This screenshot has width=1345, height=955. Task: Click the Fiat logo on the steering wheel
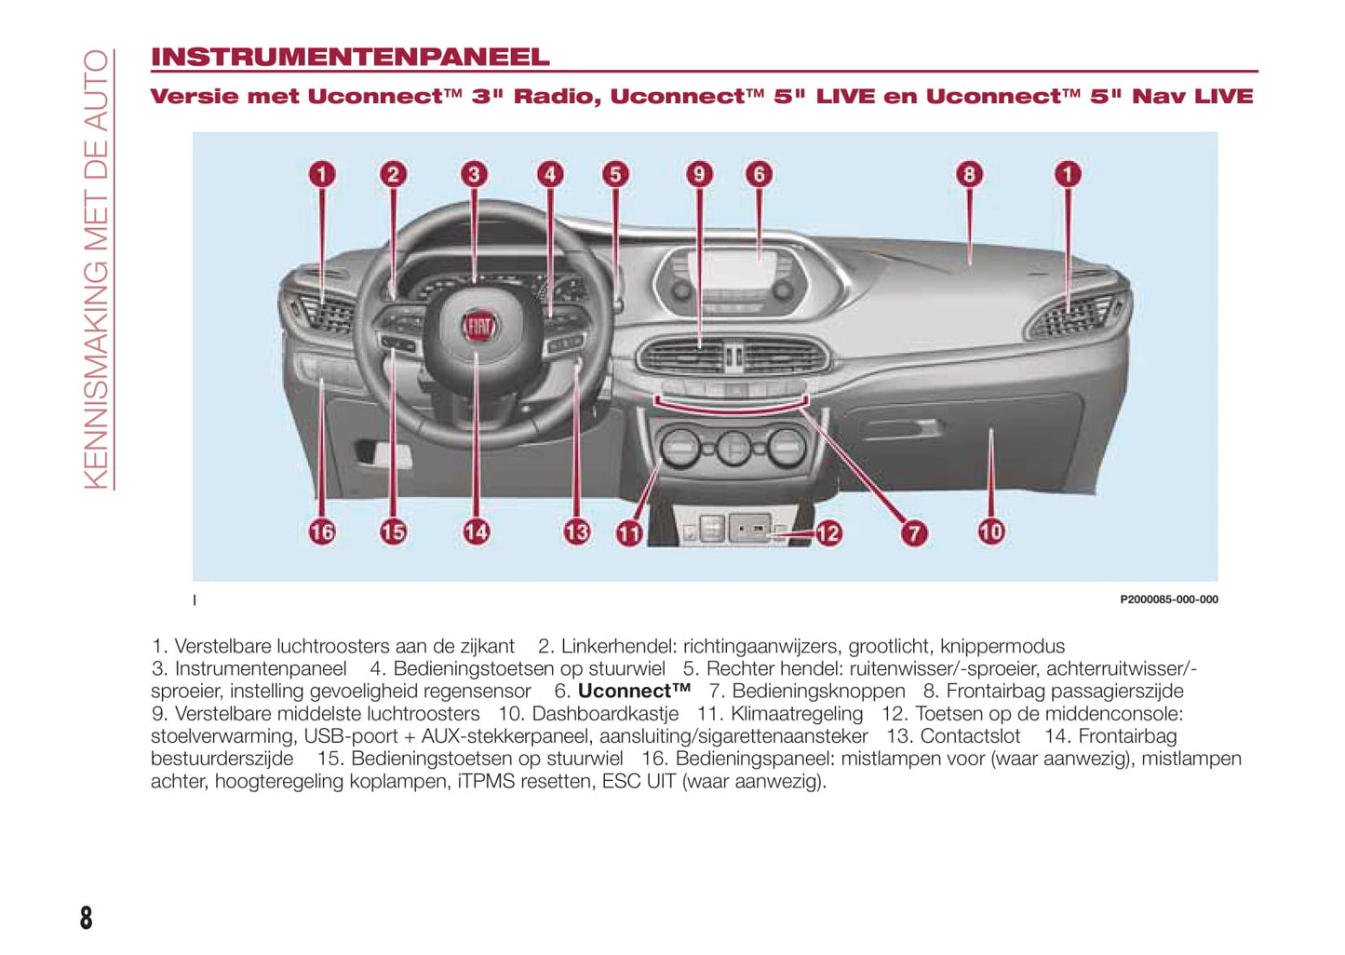(478, 326)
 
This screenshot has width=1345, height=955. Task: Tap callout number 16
(322, 531)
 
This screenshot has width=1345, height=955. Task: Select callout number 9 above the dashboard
(699, 174)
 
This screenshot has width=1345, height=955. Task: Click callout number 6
(759, 174)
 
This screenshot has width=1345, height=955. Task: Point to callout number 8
(969, 174)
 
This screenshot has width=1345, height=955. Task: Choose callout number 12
(827, 532)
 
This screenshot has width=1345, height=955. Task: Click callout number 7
(914, 532)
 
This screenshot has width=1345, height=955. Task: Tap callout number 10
(990, 531)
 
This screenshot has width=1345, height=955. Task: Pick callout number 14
(476, 531)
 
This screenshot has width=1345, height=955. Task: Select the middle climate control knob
(733, 448)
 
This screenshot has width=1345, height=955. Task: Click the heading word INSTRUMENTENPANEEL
(350, 57)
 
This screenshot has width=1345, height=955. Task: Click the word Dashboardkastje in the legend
(605, 714)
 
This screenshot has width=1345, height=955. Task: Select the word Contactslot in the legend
(970, 736)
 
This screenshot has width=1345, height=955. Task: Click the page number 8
(86, 918)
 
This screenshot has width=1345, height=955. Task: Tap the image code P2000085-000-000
(1168, 599)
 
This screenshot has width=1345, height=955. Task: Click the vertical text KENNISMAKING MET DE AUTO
(97, 270)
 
